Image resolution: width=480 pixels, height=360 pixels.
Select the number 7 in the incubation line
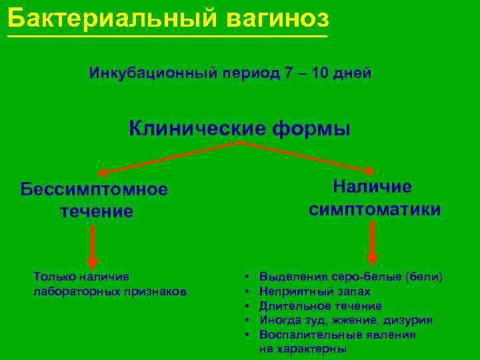pyautogui.click(x=288, y=73)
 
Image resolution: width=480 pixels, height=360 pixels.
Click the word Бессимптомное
pyautogui.click(x=94, y=189)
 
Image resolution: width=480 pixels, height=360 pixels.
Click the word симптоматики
pyautogui.click(x=375, y=209)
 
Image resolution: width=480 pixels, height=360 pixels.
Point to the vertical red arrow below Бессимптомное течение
pyautogui.click(x=92, y=247)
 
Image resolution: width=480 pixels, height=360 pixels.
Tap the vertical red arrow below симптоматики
pyautogui.click(x=372, y=243)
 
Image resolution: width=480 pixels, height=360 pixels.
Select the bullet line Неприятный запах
pyautogui.click(x=315, y=291)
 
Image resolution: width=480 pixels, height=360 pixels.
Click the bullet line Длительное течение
pyautogui.click(x=320, y=306)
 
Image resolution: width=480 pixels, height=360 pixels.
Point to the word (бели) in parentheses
pyautogui.click(x=424, y=277)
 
